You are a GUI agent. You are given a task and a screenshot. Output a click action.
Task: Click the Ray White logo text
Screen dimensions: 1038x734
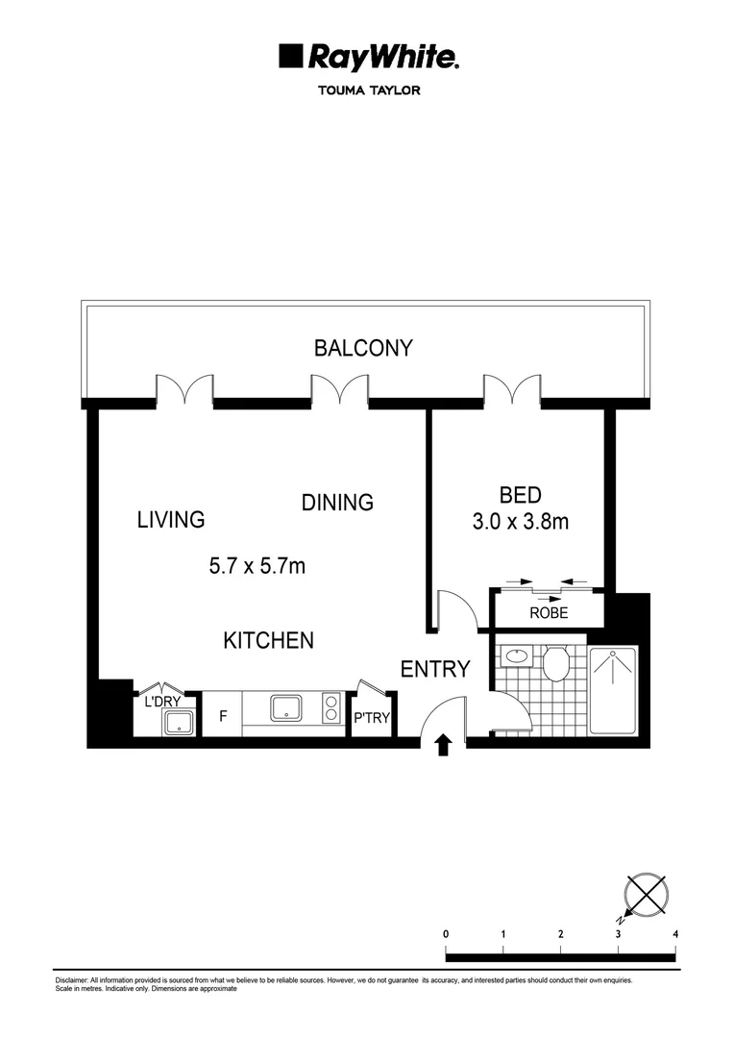pyautogui.click(x=381, y=59)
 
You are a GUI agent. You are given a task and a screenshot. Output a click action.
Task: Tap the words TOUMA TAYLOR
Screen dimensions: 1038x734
pyautogui.click(x=368, y=92)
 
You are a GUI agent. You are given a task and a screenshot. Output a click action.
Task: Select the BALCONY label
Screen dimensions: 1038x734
pyautogui.click(x=363, y=348)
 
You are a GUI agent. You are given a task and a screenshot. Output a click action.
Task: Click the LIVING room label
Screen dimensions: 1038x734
pyautogui.click(x=171, y=520)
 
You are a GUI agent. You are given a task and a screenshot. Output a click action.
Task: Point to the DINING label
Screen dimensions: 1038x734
pyautogui.click(x=337, y=503)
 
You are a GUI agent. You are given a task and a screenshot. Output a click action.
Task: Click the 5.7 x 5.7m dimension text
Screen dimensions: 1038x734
pyautogui.click(x=257, y=566)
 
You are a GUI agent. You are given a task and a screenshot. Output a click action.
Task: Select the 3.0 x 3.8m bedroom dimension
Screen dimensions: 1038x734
pyautogui.click(x=520, y=522)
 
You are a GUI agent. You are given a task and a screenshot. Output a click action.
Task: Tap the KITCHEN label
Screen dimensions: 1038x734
pyautogui.click(x=268, y=640)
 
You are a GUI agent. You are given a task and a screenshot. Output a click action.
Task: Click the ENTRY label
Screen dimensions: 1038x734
pyautogui.click(x=435, y=669)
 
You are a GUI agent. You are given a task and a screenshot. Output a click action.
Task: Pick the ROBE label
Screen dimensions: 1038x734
pyautogui.click(x=549, y=612)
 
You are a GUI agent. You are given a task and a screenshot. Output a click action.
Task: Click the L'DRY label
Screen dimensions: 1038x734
pyautogui.click(x=162, y=702)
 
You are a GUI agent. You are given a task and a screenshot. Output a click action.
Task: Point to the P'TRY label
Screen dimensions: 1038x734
pyautogui.click(x=371, y=717)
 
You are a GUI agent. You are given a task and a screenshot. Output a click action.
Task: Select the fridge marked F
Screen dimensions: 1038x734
pyautogui.click(x=223, y=716)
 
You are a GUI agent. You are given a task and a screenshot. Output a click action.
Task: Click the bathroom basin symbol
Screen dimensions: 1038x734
pyautogui.click(x=518, y=657)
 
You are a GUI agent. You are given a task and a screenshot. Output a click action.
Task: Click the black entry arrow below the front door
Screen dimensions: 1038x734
pyautogui.click(x=443, y=746)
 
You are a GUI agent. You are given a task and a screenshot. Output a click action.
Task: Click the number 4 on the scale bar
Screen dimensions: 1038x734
pyautogui.click(x=676, y=933)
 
